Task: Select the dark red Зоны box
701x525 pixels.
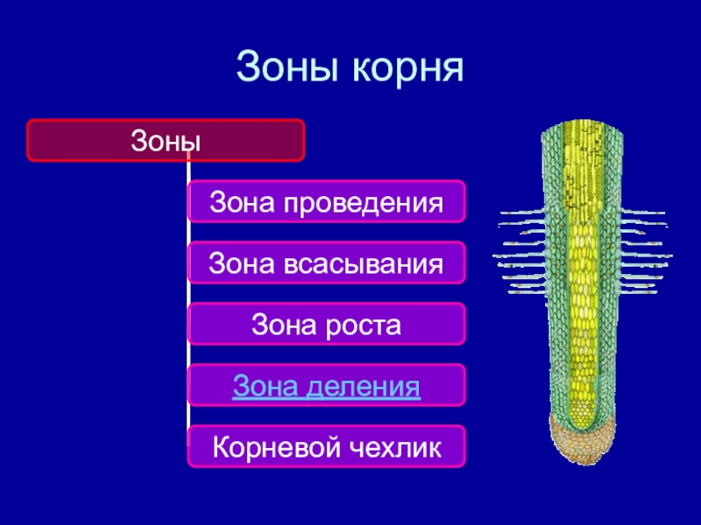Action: click(x=166, y=140)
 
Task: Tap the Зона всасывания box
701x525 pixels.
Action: click(x=326, y=262)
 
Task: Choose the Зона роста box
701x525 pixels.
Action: click(x=326, y=324)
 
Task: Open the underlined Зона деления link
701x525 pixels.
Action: click(x=326, y=385)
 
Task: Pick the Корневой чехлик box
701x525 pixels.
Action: click(x=326, y=446)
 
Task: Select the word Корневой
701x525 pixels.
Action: click(x=276, y=447)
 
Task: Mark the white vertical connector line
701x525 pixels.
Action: click(x=188, y=297)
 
